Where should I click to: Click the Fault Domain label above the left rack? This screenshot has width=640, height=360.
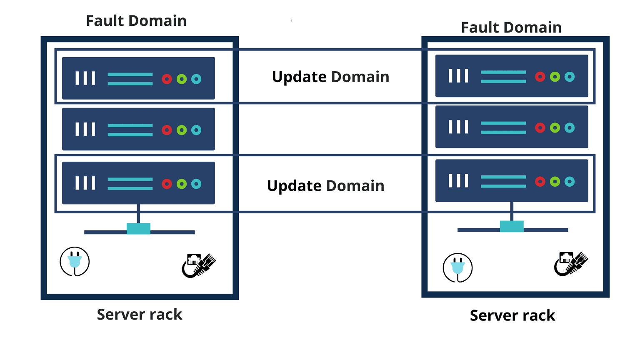tap(136, 21)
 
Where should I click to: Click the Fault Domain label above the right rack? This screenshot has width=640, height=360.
tap(511, 27)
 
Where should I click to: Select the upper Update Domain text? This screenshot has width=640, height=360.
tap(330, 77)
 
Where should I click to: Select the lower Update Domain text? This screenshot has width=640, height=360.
tap(325, 186)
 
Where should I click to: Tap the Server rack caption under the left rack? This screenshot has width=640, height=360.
tap(140, 315)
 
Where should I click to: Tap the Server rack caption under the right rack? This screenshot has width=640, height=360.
tap(512, 316)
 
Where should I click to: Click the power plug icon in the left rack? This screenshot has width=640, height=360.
tap(75, 262)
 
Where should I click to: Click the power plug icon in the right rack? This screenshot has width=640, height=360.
tap(457, 268)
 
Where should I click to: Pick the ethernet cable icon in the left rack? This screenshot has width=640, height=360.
tap(199, 265)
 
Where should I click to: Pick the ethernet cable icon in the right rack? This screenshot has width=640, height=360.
tap(571, 263)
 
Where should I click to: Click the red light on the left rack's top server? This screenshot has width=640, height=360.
tap(167, 79)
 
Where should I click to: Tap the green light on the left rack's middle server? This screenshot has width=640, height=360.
tap(181, 130)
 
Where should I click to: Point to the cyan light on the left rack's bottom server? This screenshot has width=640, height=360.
tap(196, 184)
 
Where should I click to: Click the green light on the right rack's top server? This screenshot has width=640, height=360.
tap(555, 77)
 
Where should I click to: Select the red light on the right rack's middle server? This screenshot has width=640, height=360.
tap(540, 127)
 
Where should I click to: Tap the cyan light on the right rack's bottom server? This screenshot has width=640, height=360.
tap(570, 182)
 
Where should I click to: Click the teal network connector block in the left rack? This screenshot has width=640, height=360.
tap(138, 228)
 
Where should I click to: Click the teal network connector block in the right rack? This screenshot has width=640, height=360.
tap(512, 226)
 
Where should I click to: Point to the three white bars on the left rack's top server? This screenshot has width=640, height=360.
tap(85, 78)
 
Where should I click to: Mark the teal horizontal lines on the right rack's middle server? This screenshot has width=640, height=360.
tap(503, 127)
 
